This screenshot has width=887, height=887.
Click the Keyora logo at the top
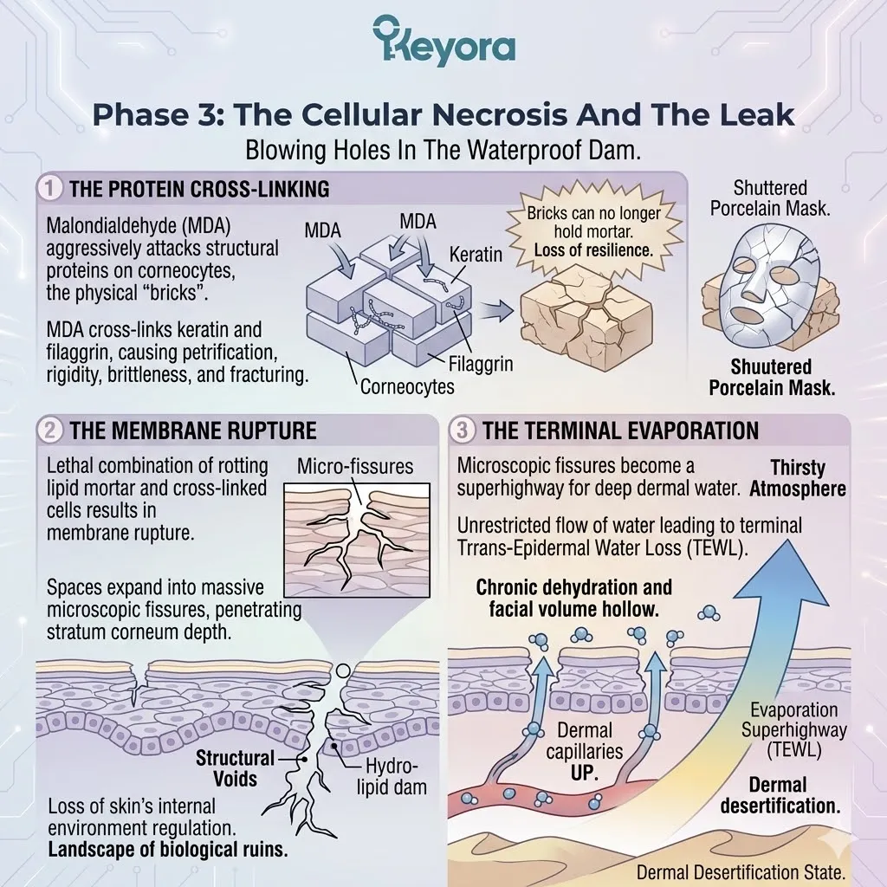tap(444, 40)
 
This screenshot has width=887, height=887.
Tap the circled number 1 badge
tap(49, 188)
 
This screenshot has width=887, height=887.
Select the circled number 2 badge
tap(49, 431)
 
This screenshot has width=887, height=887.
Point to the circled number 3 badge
tap(462, 431)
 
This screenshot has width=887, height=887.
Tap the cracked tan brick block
tap(586, 317)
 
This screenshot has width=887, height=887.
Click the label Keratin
tap(476, 256)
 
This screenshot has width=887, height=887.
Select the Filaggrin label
tap(481, 364)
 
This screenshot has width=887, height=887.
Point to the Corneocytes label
tap(407, 387)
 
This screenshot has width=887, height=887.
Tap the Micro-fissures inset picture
tap(356, 540)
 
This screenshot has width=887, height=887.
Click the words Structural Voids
tap(235, 768)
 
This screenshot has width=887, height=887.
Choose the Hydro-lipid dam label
tap(392, 777)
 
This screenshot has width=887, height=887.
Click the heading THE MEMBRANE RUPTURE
tap(193, 431)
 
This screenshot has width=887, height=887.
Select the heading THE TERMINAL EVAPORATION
tap(620, 431)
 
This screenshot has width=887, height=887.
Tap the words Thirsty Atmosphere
tap(798, 478)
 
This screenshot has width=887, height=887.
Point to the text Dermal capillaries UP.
tap(585, 751)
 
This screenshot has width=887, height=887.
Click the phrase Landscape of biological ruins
tap(168, 850)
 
